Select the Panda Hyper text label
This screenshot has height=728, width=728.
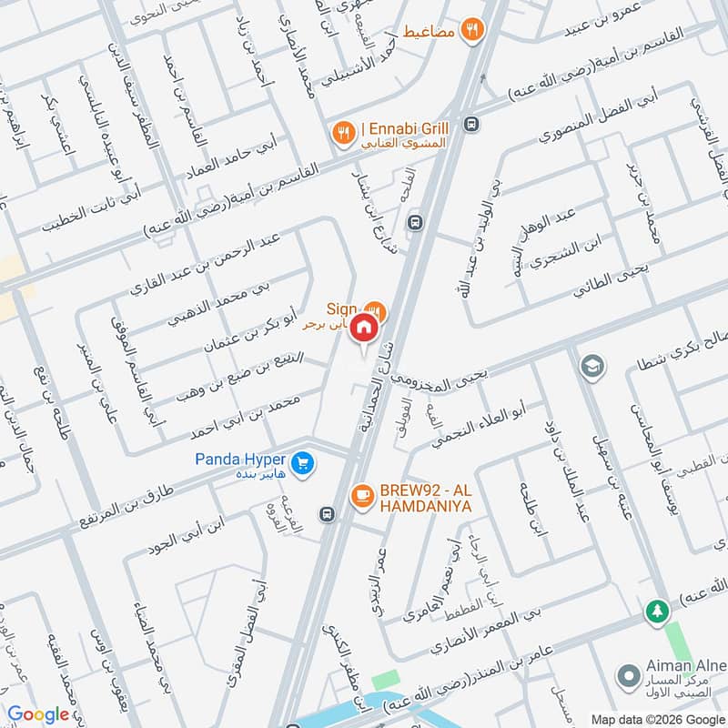pyautogui.click(x=240, y=460)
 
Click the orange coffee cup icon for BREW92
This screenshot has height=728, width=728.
pyautogui.click(x=361, y=495)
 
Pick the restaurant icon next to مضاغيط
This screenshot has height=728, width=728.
pyautogui.click(x=470, y=29)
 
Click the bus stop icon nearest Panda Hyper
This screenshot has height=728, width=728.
pyautogui.click(x=326, y=515)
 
